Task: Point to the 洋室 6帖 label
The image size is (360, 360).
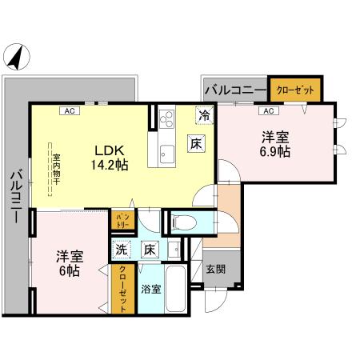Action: click(x=68, y=263)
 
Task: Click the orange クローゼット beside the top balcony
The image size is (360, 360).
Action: click(x=294, y=89)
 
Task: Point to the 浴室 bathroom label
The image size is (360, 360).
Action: click(x=149, y=288)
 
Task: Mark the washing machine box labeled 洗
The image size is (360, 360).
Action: click(x=122, y=250)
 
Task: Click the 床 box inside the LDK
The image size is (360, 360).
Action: click(x=197, y=144)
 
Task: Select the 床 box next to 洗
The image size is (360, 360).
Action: click(x=148, y=250)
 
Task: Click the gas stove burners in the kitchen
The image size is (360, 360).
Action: click(x=167, y=119)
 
